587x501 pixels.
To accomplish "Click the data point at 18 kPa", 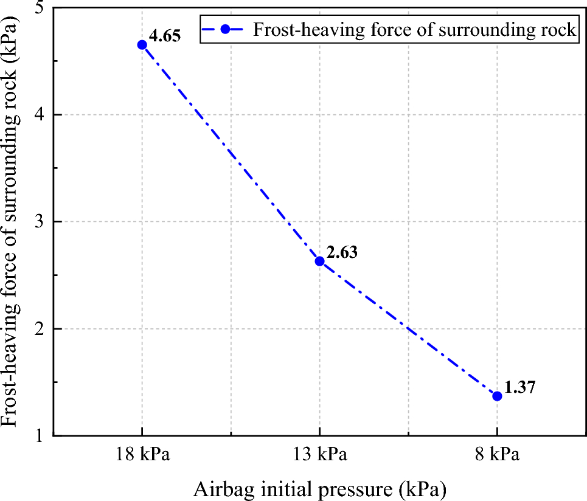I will [142, 44].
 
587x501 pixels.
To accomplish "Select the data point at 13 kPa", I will [319, 261].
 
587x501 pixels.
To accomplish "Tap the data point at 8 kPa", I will [497, 396].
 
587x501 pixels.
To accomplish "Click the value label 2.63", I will [342, 251].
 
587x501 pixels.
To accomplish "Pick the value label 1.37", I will [519, 387].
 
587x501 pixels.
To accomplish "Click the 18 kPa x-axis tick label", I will [142, 455].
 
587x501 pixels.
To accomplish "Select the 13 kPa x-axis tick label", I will [319, 455].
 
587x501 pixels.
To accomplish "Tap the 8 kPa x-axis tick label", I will [497, 455].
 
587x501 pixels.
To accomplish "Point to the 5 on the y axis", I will [43, 9].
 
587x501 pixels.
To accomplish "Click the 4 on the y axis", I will [43, 115].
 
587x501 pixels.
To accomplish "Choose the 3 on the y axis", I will [43, 222].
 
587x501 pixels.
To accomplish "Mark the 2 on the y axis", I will [43, 329].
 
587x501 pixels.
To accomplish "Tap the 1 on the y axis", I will [43, 435].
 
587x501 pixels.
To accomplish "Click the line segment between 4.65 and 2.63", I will [231, 153].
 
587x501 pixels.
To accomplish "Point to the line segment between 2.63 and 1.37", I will [408, 328].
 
